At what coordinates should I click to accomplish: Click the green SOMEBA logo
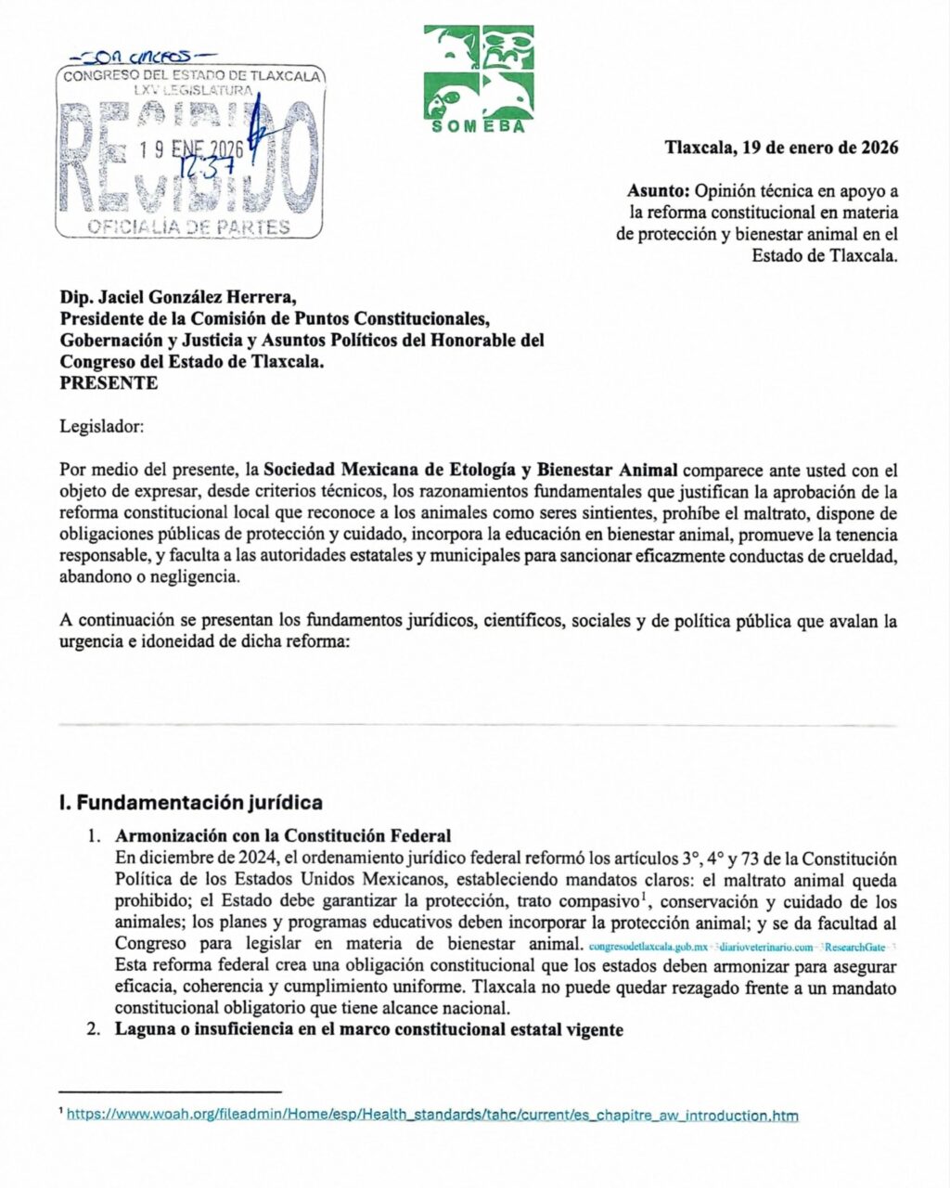(479, 78)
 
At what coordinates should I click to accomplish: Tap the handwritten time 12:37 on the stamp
(226, 165)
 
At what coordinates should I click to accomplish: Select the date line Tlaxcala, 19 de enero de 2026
(781, 148)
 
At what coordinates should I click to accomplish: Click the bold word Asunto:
(659, 191)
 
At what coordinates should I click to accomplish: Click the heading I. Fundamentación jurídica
(190, 802)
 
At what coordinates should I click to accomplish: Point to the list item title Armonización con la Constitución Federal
(283, 836)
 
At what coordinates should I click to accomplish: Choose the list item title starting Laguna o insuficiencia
(369, 1029)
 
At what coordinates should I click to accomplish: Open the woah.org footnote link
(432, 1116)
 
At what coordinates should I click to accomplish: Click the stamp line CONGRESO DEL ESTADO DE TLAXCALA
(192, 75)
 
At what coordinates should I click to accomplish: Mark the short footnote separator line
(169, 1092)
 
